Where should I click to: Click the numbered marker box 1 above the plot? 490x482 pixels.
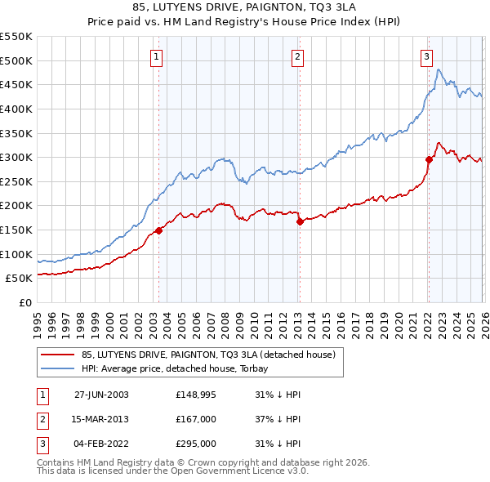[156, 56]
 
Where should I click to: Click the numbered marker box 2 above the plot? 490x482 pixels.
[297, 56]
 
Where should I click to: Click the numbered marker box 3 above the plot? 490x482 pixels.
[426, 56]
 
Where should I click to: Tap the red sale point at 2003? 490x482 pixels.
[158, 230]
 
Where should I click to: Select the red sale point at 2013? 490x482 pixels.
[300, 221]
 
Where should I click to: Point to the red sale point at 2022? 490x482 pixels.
[428, 160]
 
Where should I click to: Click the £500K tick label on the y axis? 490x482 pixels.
[16, 60]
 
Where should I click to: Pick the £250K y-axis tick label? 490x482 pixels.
[16, 181]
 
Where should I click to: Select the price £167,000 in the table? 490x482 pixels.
[196, 419]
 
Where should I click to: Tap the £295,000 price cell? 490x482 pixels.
[196, 444]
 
